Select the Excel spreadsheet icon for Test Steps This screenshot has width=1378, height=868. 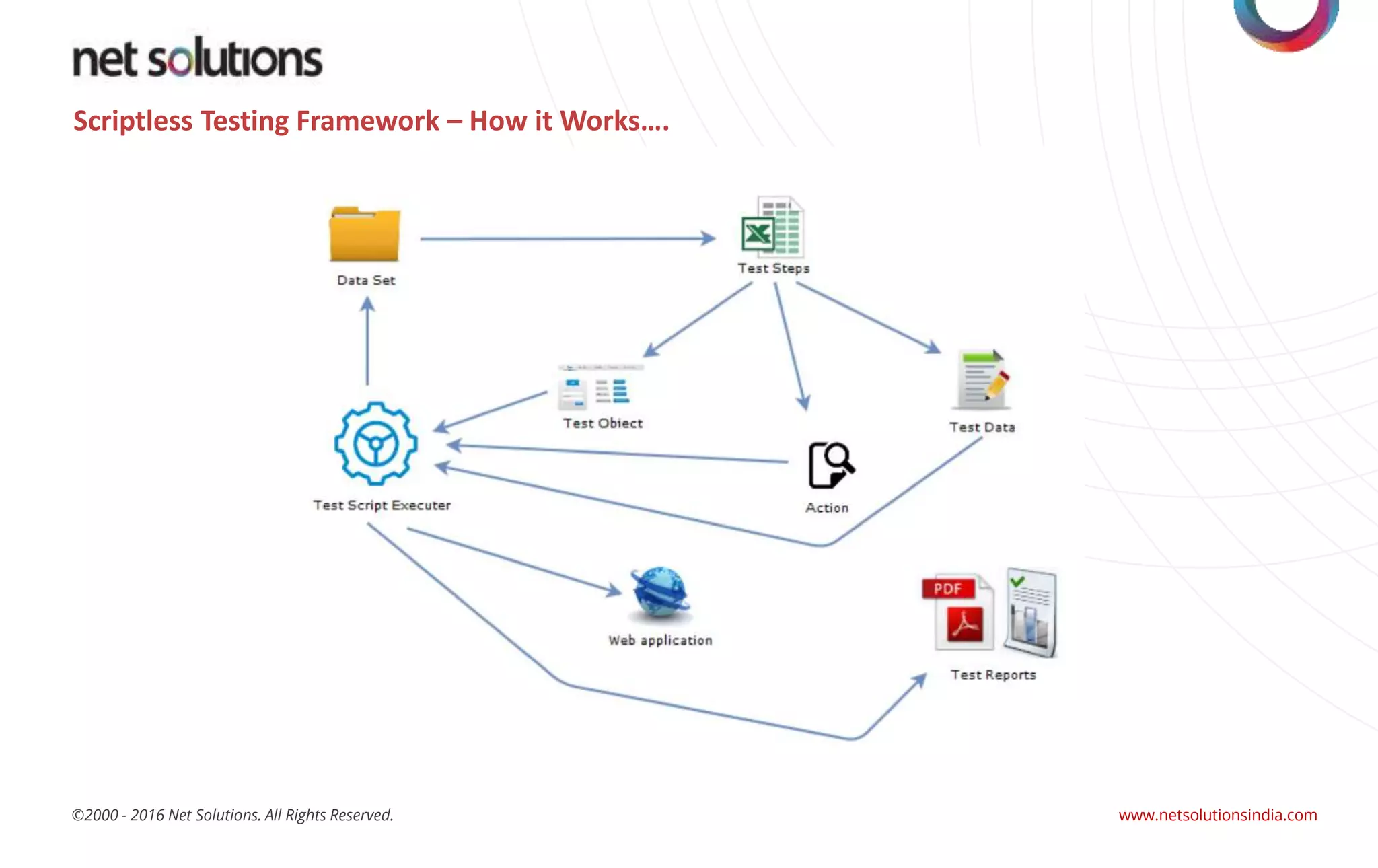pos(772,227)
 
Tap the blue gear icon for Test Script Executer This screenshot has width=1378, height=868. pos(375,443)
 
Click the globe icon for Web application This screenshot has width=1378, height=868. pos(660,592)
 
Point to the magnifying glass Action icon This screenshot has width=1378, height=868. pos(831,465)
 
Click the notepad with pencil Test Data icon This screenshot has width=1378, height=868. pos(982,380)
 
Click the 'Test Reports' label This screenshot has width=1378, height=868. pos(993,674)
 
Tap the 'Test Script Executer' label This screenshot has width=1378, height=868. pos(382,505)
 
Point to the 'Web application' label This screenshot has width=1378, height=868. pos(660,641)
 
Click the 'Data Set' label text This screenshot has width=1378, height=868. pos(366,280)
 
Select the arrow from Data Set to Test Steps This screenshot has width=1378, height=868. pos(565,238)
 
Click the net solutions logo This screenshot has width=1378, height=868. pos(197,59)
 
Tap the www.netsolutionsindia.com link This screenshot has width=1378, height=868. pos(1217,815)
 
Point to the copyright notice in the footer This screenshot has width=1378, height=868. pos(232,815)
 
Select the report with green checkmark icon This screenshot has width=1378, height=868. pos(1030,612)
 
